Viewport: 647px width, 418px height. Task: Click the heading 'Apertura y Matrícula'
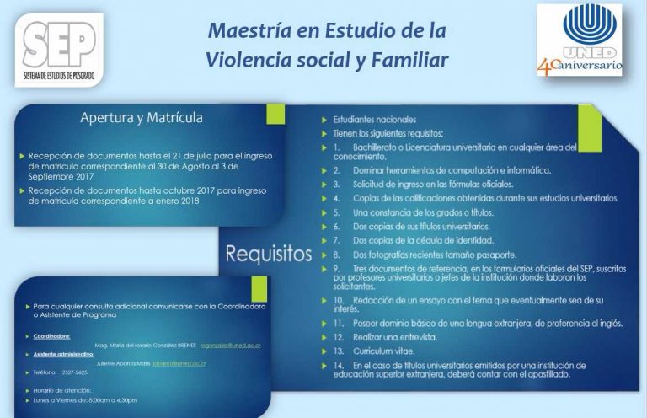click(141, 117)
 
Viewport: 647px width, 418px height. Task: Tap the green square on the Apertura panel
click(275, 115)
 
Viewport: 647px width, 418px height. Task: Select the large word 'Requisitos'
click(268, 254)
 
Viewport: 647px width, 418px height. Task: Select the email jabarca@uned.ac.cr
click(179, 362)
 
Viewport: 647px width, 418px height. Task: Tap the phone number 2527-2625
click(75, 372)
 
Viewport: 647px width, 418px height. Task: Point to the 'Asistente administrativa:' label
click(63, 354)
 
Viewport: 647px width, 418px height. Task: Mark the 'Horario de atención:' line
click(62, 389)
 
